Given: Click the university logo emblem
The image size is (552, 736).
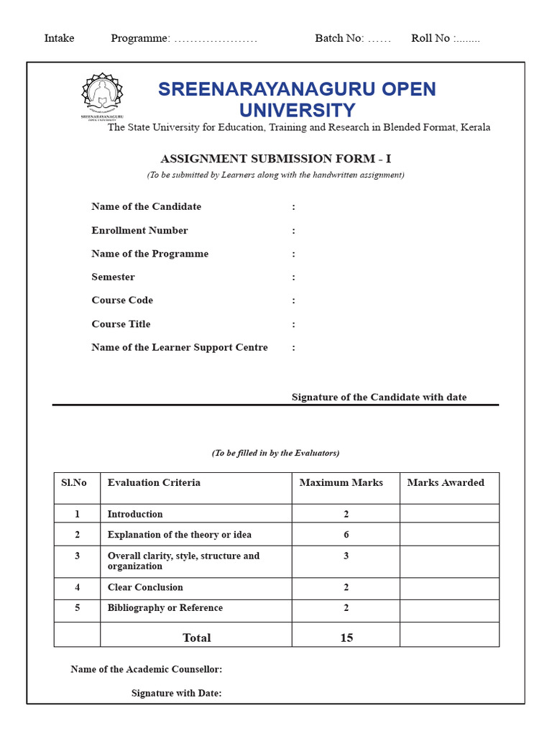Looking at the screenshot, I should point(102,96).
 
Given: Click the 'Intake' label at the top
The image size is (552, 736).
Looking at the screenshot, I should point(59,38).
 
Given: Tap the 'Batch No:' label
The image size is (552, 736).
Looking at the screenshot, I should point(339,38).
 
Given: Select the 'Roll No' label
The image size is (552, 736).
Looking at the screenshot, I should point(431,38).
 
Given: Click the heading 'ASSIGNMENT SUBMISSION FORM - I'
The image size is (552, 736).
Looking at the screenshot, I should point(275,159).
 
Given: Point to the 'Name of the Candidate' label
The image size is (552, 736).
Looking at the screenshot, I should point(146,207).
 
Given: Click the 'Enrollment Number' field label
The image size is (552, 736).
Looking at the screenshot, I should point(139,231).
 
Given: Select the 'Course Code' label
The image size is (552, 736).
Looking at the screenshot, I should point(122,300).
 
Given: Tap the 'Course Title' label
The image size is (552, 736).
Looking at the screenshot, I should point(121,324).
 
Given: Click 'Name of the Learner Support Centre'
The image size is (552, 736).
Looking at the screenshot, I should point(179,348).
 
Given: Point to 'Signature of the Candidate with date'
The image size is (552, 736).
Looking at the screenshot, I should point(379,397).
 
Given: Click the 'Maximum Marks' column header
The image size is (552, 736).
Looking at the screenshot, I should point(341,483).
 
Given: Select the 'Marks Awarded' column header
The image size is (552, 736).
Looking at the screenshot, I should point(446,483).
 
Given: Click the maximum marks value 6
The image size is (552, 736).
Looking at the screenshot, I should point(346,535).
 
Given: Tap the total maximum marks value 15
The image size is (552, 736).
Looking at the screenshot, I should point(346,638).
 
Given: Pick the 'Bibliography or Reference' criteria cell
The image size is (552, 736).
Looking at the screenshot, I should point(165,608).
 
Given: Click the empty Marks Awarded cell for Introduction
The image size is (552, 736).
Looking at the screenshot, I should point(449,514).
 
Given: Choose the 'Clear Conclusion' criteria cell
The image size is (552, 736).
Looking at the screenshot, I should point(145,588).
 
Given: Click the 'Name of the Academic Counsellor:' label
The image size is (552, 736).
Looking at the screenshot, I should point(146,669).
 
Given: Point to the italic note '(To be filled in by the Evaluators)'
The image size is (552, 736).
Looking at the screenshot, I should point(275,453).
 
